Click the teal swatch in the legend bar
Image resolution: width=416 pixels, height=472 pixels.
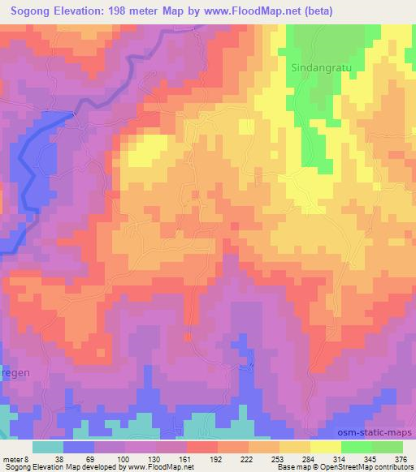point(48,447)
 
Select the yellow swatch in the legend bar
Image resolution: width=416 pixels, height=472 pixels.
point(325,447)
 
